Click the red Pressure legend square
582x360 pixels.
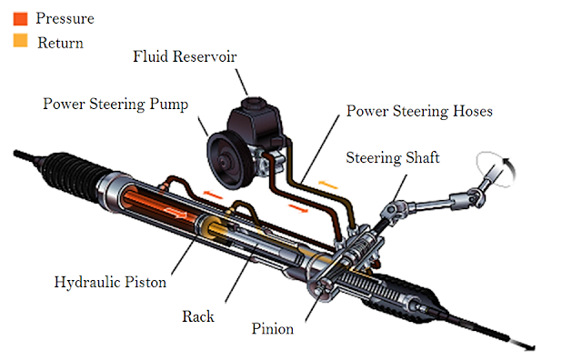point(20,18)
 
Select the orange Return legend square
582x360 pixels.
point(20,40)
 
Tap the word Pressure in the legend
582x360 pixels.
point(65,18)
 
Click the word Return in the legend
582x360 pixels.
point(61,43)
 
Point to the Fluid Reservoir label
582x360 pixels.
point(185,56)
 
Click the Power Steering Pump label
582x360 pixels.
point(115,104)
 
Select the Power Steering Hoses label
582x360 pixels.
point(419,111)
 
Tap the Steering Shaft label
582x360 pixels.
point(393,157)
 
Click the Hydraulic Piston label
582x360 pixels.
point(110,282)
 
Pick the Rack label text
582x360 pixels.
point(198,316)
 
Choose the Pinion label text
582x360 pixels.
point(273,328)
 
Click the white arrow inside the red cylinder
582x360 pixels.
point(176,213)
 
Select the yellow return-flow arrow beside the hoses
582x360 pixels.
point(328,184)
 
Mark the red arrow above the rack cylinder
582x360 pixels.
point(213,195)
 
